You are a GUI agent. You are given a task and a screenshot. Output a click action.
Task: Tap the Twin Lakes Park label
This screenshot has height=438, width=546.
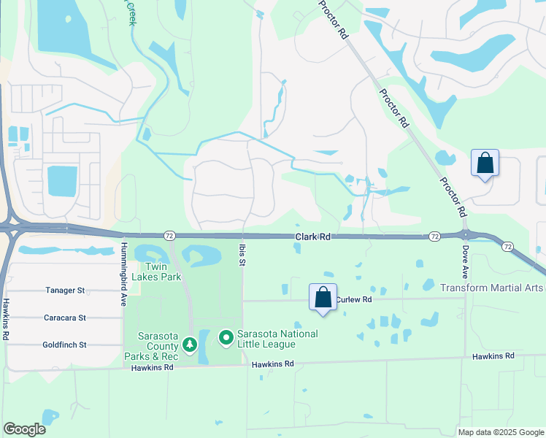point(160,272)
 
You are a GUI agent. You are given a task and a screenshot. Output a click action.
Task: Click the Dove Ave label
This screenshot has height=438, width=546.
point(465,261)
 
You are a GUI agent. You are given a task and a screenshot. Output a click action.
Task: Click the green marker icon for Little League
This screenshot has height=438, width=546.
point(226,338)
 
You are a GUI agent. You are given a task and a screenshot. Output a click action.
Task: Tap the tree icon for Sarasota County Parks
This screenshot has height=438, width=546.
point(190,343)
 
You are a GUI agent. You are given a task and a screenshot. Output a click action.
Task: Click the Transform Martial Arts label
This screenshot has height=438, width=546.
point(492,288)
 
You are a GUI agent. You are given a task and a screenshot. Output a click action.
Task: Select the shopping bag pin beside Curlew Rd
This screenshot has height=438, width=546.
point(323,298)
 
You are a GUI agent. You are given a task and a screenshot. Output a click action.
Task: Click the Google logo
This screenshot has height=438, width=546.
point(24,429)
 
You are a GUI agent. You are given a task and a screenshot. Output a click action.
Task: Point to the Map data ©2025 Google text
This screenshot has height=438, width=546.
point(500,432)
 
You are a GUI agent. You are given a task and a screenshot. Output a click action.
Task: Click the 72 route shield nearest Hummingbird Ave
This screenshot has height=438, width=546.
point(169,236)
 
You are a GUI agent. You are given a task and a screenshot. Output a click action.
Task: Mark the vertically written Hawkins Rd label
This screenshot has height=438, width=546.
point(5,319)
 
